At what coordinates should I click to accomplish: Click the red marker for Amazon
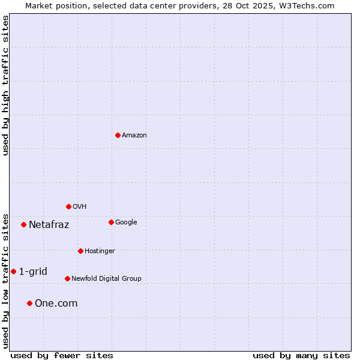(118, 135)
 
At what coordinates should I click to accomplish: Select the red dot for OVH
(68, 206)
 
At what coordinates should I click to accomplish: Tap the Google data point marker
(111, 222)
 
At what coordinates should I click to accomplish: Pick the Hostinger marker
(80, 251)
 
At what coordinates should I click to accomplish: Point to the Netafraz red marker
(23, 224)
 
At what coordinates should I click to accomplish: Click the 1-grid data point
(13, 271)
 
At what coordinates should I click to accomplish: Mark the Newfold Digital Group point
(67, 278)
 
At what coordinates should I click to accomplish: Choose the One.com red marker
(29, 303)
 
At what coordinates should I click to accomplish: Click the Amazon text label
(134, 135)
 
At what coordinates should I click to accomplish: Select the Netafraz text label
(49, 225)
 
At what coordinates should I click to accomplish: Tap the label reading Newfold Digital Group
(106, 278)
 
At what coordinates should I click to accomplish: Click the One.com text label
(56, 304)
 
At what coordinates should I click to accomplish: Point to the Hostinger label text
(100, 251)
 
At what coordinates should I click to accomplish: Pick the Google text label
(126, 222)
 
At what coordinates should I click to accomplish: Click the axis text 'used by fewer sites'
(62, 355)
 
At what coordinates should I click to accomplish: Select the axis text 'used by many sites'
(301, 355)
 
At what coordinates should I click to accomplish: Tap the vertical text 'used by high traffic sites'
(5, 85)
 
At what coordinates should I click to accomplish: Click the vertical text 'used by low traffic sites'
(5, 281)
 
